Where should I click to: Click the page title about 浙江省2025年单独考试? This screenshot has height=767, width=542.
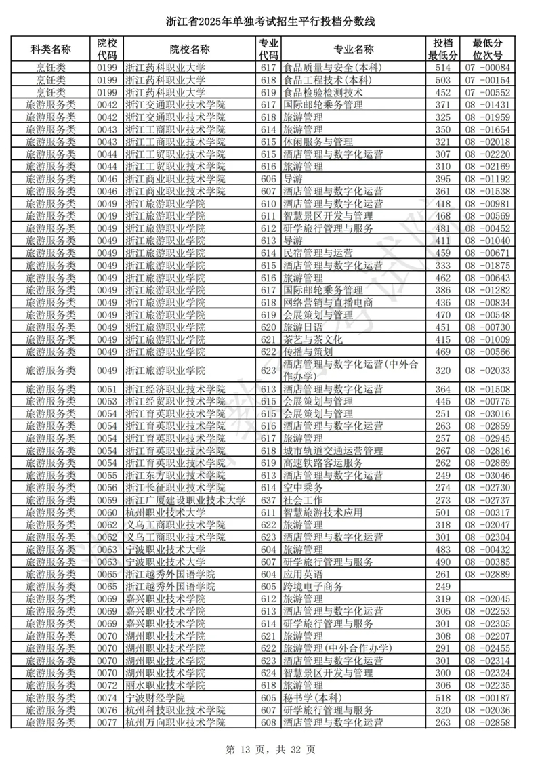point(271,23)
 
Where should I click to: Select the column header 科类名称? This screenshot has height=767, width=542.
point(51,49)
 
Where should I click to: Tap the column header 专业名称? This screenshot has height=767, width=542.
point(353,49)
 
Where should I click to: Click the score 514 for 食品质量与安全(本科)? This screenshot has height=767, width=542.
point(442,68)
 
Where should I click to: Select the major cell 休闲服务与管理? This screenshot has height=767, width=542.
point(318,142)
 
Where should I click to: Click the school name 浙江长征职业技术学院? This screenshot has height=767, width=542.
point(175,488)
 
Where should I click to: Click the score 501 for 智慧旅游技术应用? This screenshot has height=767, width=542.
point(442,512)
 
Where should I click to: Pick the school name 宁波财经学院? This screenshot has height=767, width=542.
point(155,698)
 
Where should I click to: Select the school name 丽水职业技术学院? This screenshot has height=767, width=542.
point(165,685)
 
